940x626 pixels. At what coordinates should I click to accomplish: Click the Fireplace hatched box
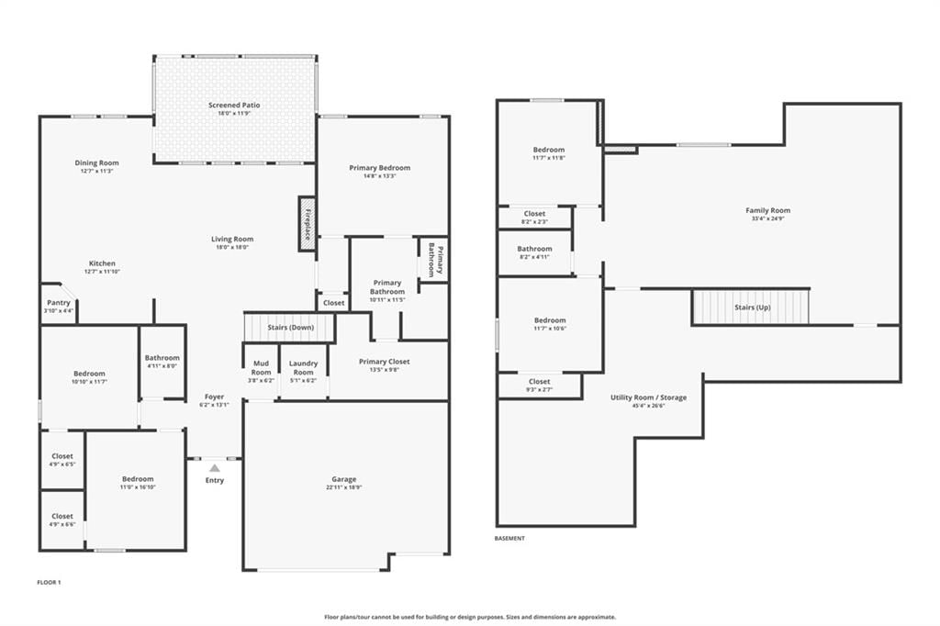point(307,224)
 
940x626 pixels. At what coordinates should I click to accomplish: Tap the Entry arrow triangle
point(215,468)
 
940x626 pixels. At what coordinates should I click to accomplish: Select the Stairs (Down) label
point(291,328)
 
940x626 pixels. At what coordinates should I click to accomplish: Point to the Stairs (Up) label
point(753,307)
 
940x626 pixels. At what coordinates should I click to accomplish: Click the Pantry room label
point(59,303)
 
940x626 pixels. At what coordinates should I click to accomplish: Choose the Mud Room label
point(261,367)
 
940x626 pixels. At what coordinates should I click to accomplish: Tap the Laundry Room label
point(303,367)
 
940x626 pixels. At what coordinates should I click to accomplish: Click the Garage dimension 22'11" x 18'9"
point(344,487)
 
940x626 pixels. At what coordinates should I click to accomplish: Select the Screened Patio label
point(234,105)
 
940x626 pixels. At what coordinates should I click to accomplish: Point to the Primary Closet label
point(385,362)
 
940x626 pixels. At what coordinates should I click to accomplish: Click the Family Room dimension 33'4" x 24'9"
point(768,218)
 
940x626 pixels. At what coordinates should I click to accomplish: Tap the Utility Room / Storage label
point(649,397)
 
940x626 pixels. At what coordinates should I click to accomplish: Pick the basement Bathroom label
point(535,249)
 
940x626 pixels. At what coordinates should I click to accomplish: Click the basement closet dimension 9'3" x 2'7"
point(540,390)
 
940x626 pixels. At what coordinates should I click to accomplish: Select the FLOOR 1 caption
point(50,582)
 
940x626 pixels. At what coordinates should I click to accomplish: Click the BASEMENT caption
point(509,539)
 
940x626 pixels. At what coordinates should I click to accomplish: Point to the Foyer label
point(214,397)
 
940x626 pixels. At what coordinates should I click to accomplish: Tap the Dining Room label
point(96,162)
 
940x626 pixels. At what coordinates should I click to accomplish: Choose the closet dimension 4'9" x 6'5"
point(62,464)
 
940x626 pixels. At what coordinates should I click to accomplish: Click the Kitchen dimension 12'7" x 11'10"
point(103,272)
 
